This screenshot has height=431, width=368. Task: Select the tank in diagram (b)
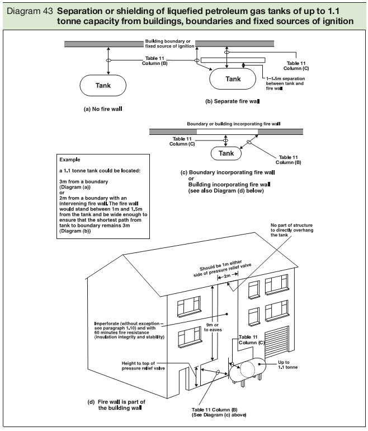click(x=233, y=79)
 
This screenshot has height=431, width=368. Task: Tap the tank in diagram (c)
click(x=226, y=153)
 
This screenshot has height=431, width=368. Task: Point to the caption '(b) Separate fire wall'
click(x=233, y=102)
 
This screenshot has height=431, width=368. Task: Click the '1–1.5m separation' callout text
click(x=288, y=83)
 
